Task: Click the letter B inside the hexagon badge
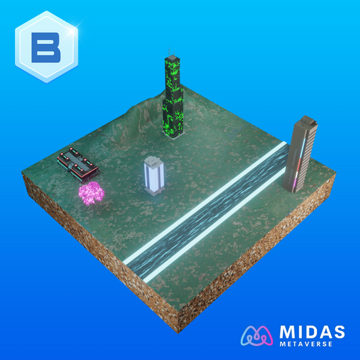(46, 47)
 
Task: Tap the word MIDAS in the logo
(312, 332)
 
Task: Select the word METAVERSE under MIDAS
(306, 344)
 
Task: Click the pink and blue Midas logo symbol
(257, 336)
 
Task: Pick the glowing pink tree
(91, 193)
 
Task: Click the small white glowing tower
(154, 176)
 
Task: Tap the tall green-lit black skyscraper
(174, 97)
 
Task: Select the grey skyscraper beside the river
(300, 154)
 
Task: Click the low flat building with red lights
(78, 164)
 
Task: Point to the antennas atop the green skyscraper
(172, 51)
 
